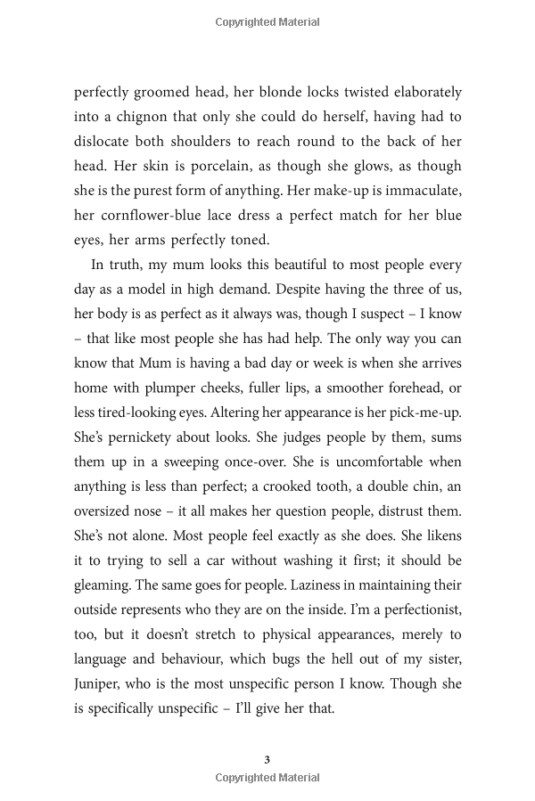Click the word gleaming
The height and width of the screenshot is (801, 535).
click(x=106, y=560)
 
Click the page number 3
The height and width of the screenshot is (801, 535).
click(x=267, y=759)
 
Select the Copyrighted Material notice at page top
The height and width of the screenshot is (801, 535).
click(x=267, y=22)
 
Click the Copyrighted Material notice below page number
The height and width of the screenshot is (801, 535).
click(x=267, y=778)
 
